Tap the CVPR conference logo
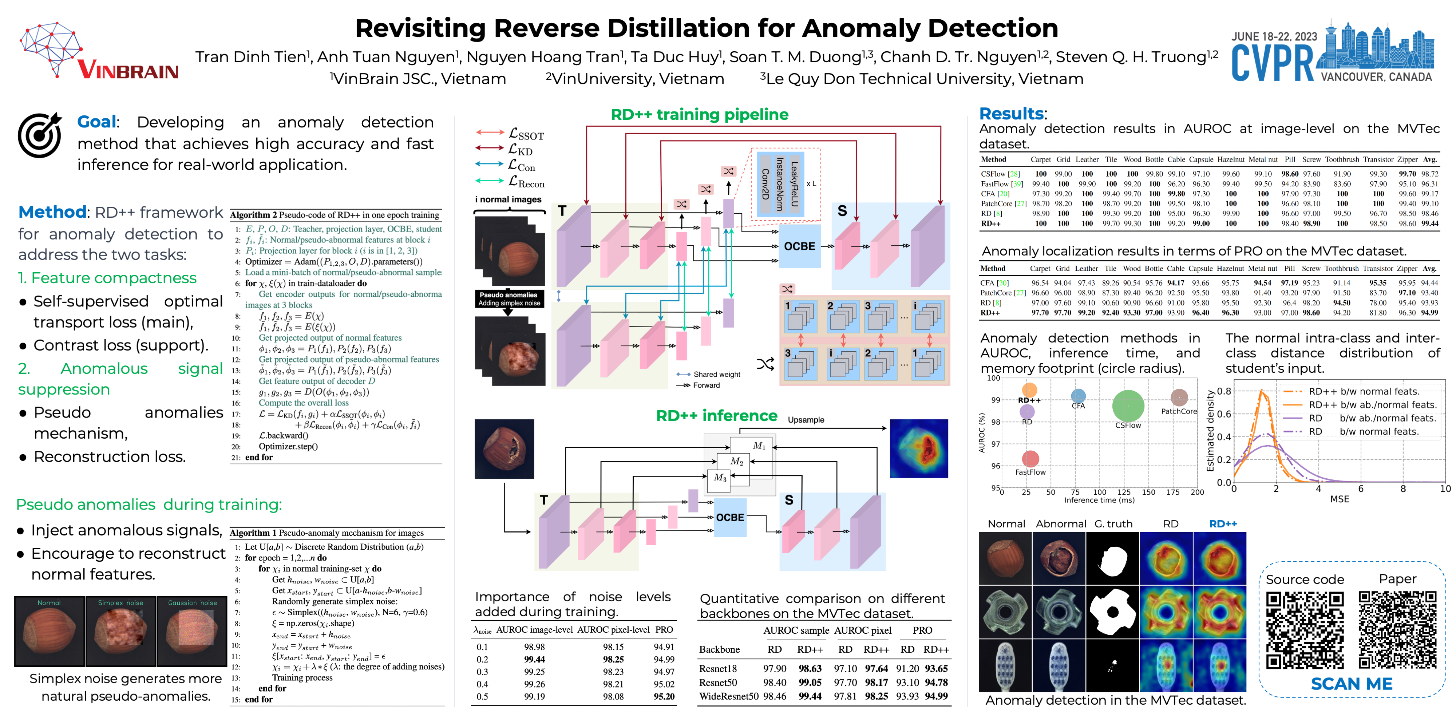tap(1332, 54)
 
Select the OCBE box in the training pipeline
tap(799, 246)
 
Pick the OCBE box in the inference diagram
tap(730, 517)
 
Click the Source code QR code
tap(1305, 630)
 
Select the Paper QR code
tap(1397, 630)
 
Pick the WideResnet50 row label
tap(729, 696)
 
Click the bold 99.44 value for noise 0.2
tap(534, 659)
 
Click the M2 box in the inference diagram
tap(736, 461)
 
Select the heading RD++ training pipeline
tap(699, 115)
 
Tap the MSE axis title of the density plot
tap(1339, 499)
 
